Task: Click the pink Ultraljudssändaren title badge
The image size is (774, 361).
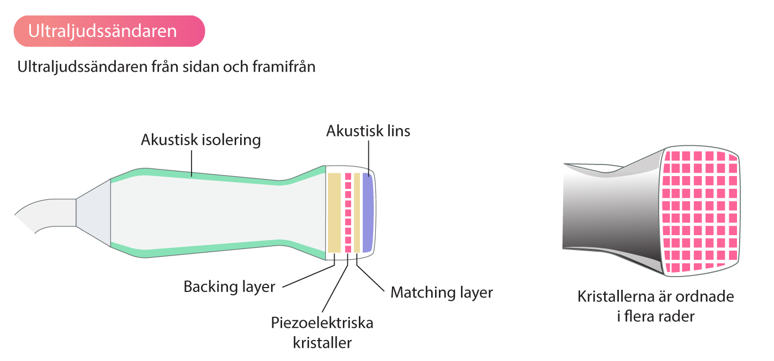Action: [x=109, y=31]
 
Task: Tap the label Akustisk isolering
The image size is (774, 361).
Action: [x=201, y=140]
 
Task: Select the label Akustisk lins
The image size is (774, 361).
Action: [x=368, y=131]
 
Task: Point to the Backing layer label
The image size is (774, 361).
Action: [x=229, y=286]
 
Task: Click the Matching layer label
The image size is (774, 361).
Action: [x=442, y=293]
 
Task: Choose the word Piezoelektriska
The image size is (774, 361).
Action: [x=322, y=323]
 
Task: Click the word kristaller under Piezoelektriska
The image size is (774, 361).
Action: [x=322, y=343]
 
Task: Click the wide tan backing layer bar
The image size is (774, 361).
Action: [x=334, y=213]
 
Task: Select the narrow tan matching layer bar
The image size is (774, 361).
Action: [x=357, y=213]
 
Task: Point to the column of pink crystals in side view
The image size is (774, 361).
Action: [x=348, y=213]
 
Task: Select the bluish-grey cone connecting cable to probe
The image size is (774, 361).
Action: [x=93, y=213]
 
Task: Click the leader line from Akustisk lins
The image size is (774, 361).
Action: [x=369, y=158]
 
